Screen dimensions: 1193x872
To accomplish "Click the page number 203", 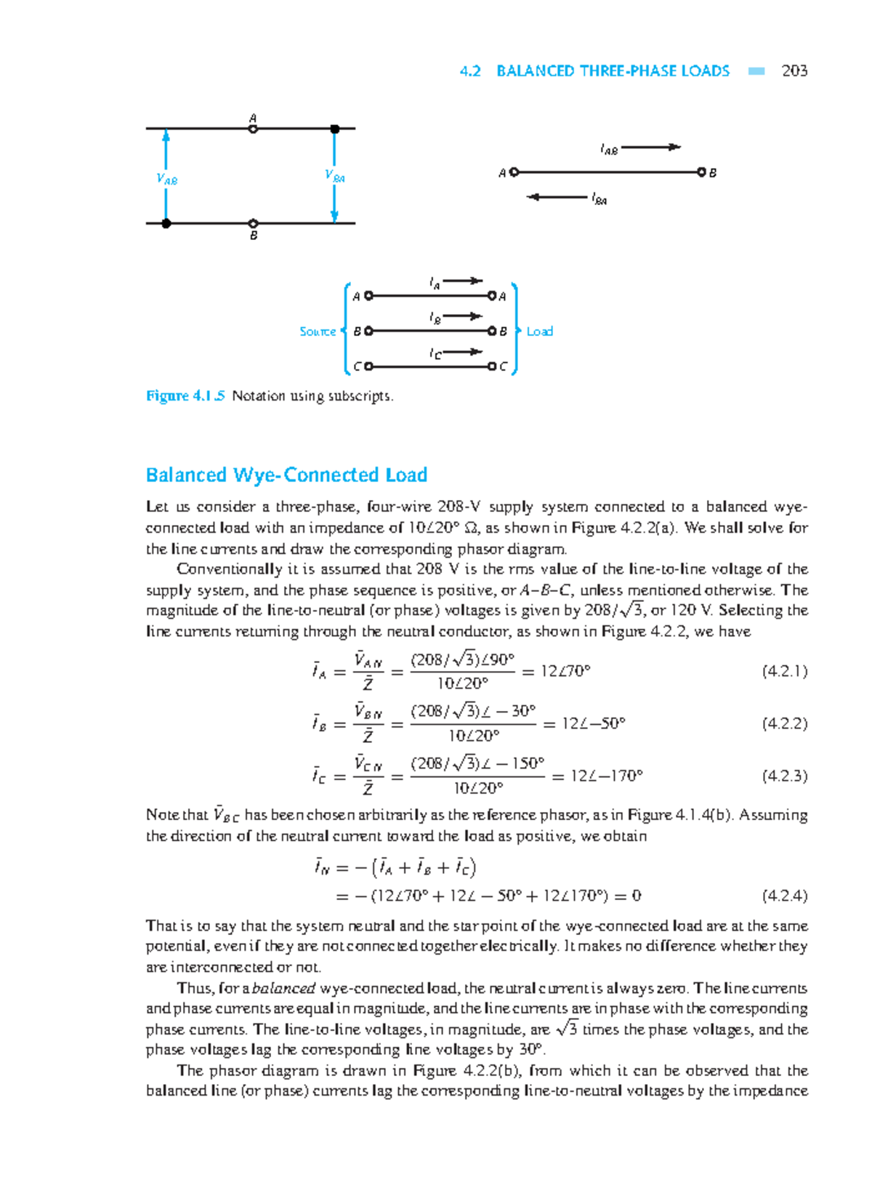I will point(794,71).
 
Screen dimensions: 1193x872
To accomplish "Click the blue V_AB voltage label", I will point(166,179).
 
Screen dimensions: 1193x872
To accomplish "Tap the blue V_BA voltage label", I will point(334,176).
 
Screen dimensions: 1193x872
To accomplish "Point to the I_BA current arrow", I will point(557,196).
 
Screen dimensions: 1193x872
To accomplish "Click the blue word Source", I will point(318,332).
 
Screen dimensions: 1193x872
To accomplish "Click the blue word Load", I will point(539,332).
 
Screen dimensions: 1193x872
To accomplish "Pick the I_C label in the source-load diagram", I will point(435,353).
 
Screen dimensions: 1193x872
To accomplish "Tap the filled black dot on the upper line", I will point(334,129).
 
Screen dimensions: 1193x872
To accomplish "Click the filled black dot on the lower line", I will point(166,223).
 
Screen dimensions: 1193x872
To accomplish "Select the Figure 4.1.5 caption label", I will point(185,396).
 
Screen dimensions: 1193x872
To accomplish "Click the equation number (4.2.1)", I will point(784,671).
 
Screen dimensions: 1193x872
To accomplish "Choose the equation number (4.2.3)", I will point(784,776).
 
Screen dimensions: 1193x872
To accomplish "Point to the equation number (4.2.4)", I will point(784,896).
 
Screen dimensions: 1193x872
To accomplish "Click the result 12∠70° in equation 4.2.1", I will point(565,671).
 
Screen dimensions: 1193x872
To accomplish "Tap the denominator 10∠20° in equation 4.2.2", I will point(473,736).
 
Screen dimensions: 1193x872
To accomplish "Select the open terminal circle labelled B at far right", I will point(701,172).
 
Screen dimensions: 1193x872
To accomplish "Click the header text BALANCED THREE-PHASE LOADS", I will point(613,71).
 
